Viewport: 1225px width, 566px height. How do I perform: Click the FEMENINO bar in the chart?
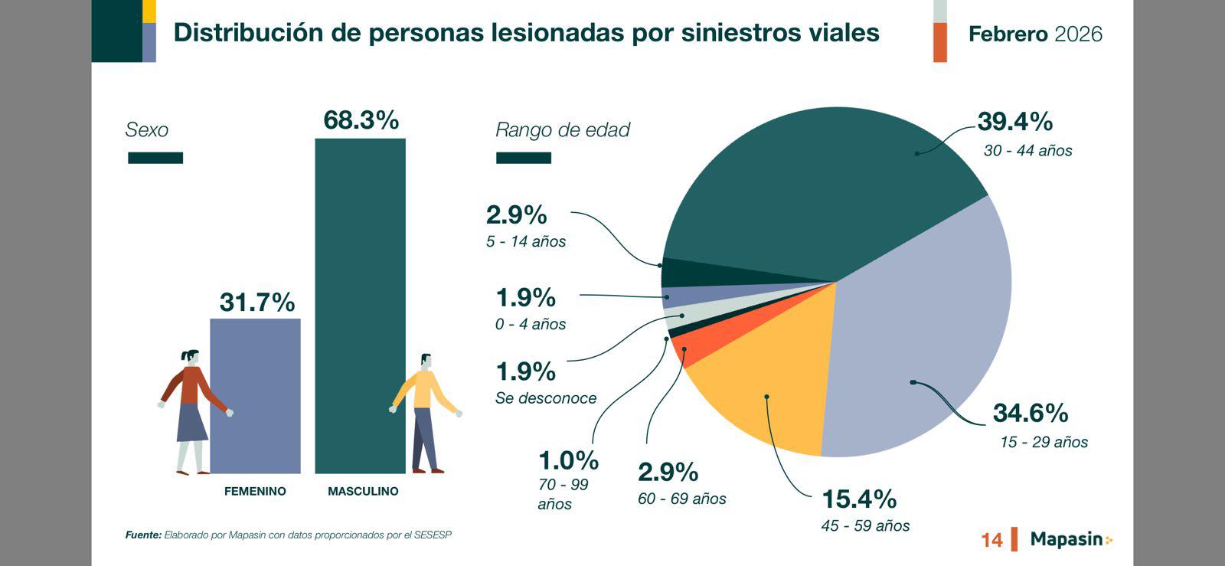coord(255,395)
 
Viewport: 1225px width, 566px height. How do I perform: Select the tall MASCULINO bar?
coord(360,306)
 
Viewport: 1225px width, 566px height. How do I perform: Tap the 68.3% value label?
coord(361,120)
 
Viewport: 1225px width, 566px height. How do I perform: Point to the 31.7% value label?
coord(256,302)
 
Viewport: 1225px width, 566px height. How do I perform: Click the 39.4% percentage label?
coord(1014,122)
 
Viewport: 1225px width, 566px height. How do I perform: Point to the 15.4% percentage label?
coord(858,499)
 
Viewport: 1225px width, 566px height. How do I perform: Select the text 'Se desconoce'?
coord(545,398)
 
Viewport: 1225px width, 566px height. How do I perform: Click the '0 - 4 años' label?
coord(530,324)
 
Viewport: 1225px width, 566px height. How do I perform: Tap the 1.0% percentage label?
coord(568,460)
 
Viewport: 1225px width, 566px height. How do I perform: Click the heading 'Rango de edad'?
coord(562,129)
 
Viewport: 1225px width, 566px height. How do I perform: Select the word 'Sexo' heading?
coord(146,129)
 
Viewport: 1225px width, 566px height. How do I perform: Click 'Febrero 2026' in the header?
coord(1034,34)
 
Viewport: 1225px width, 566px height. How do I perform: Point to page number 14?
coord(991,540)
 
